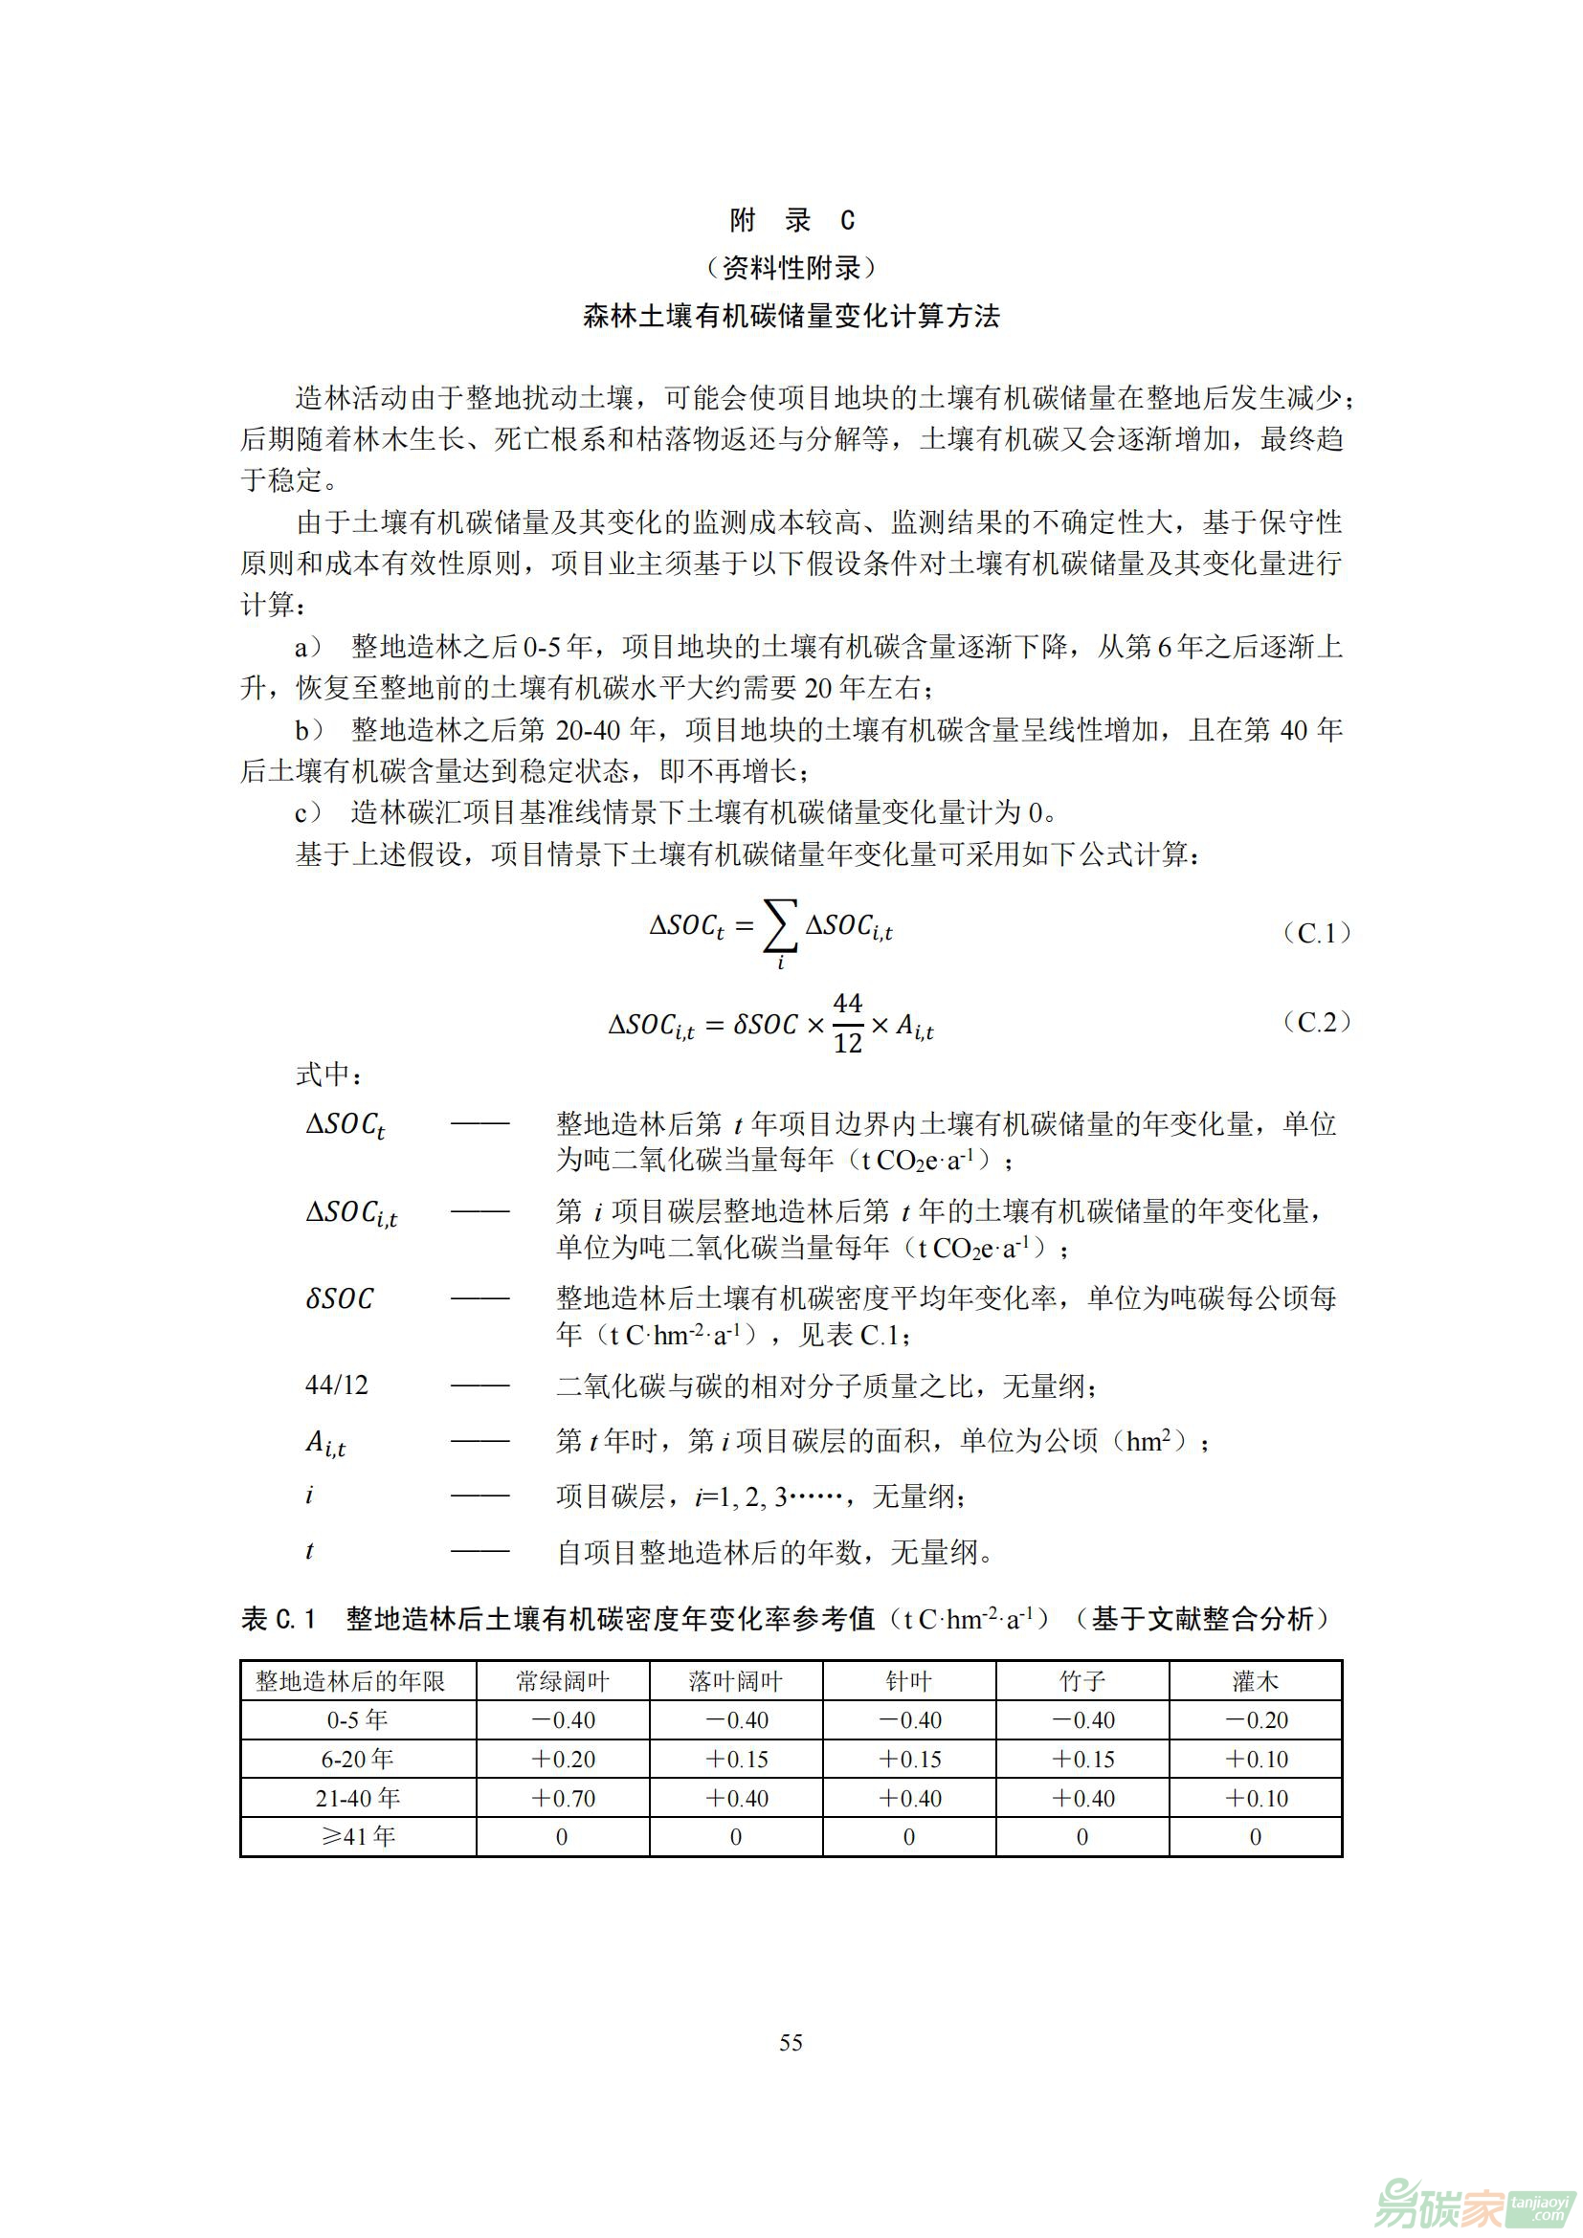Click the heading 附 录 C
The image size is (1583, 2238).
791,220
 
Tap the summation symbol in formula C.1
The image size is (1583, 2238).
780,927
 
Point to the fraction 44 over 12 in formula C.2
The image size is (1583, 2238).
847,1024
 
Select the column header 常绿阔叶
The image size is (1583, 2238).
563,1681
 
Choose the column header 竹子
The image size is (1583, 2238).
1082,1681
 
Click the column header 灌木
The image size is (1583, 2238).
1256,1681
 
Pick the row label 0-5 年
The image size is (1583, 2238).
358,1720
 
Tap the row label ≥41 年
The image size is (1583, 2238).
358,1836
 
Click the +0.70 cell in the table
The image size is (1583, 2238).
563,1799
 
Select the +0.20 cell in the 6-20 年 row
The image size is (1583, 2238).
563,1760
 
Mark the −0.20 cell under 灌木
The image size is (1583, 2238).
1256,1720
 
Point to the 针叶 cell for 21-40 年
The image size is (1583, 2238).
909,1799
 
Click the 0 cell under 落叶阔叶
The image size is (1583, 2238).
736,1837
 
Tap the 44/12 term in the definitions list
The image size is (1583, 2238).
336,1385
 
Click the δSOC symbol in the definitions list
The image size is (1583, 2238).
339,1299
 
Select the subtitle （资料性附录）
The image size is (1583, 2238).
791,267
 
